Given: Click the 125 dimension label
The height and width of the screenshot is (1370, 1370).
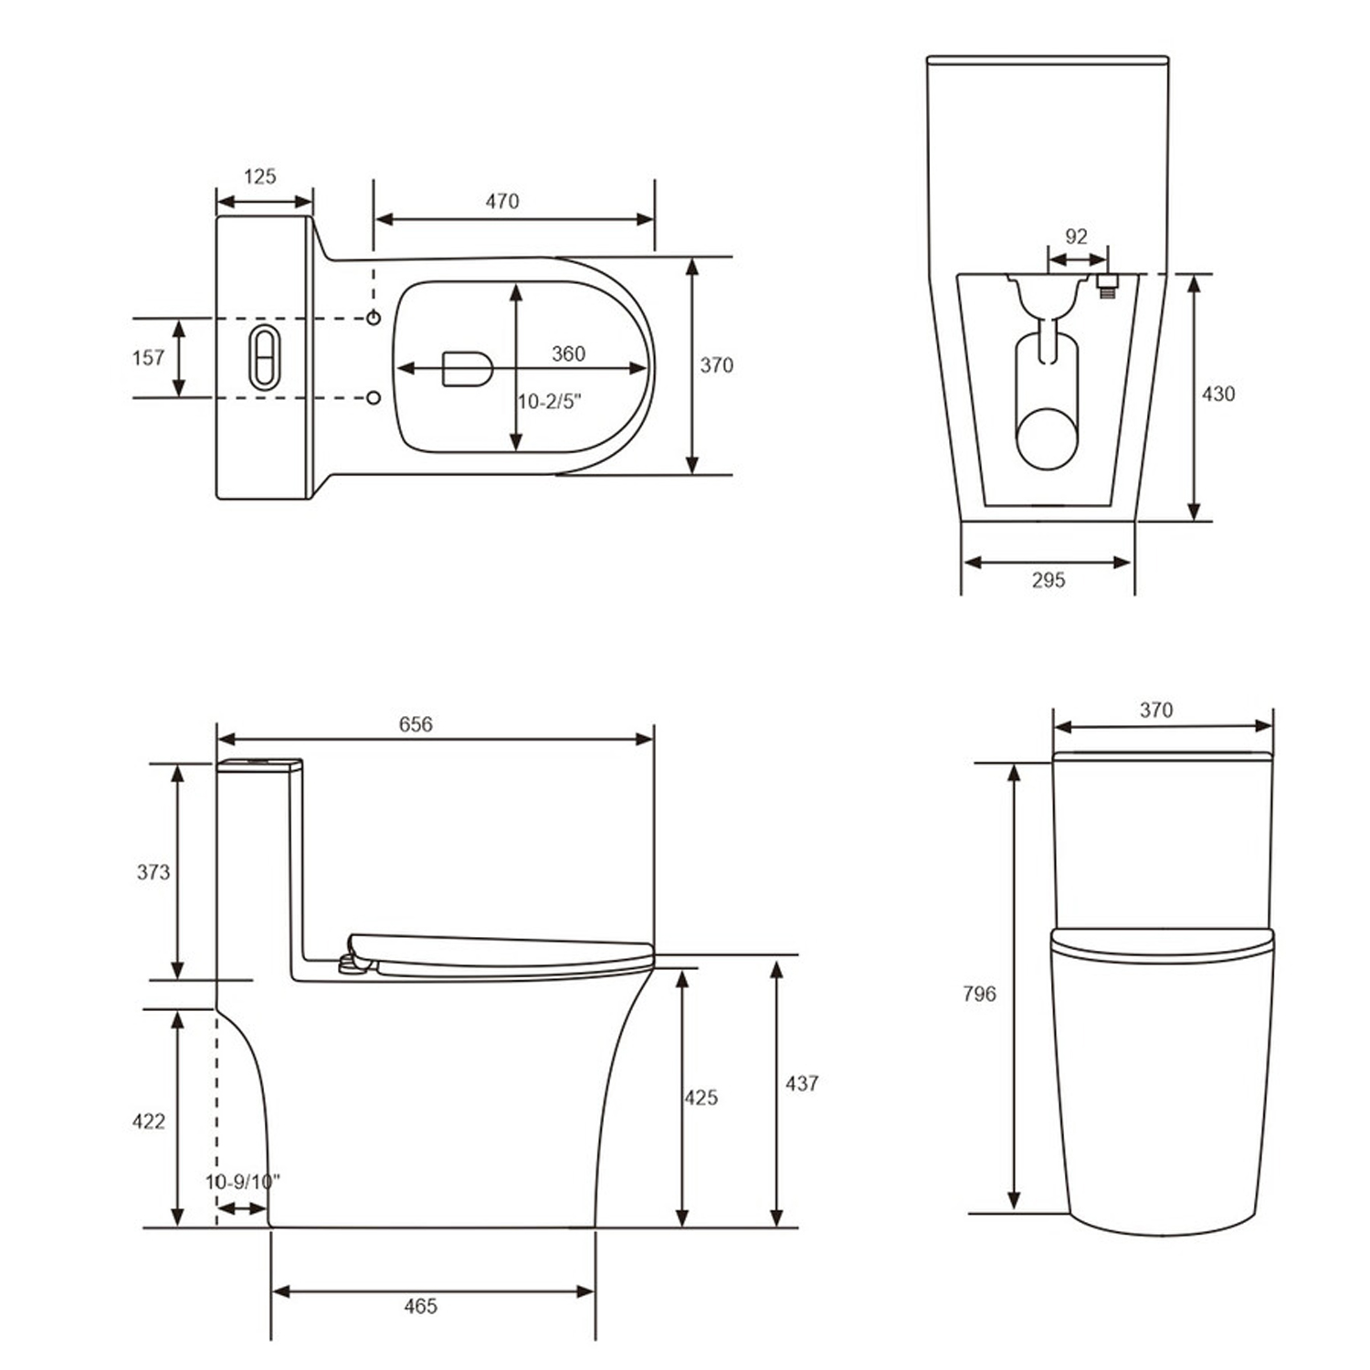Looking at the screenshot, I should click(x=260, y=176).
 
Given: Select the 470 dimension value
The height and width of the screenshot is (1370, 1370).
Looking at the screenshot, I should click(x=502, y=201).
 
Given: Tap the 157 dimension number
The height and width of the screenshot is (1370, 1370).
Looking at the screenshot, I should click(x=148, y=357).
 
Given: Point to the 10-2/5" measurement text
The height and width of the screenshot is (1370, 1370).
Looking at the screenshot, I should click(x=550, y=402).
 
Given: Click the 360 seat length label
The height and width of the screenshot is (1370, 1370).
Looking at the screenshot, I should click(x=568, y=354).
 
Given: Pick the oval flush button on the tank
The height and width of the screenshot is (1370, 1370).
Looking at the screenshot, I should click(x=263, y=357).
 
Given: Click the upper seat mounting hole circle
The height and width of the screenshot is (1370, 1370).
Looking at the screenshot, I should click(x=374, y=318).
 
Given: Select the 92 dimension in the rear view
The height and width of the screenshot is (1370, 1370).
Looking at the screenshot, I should click(x=1077, y=237).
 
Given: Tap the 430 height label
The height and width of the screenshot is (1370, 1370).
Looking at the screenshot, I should click(x=1218, y=394).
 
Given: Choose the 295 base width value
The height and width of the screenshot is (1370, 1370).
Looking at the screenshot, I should click(x=1049, y=580).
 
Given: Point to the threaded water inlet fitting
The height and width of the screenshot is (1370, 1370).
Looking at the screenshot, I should click(x=1108, y=286).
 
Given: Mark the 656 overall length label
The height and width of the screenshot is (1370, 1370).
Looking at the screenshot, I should click(x=416, y=724).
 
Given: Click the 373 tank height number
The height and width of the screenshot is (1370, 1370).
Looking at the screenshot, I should click(x=153, y=872).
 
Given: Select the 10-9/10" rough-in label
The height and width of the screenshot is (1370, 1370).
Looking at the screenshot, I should click(x=242, y=1182).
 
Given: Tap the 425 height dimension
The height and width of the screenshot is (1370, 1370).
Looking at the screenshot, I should click(x=701, y=1098).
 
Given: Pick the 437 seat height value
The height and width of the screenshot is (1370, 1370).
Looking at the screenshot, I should click(x=802, y=1083).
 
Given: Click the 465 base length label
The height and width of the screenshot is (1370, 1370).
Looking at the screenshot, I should click(x=421, y=1307).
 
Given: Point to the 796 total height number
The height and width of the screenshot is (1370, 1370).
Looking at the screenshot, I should click(x=979, y=994).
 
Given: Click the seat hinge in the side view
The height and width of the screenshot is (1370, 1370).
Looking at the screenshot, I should click(x=351, y=963).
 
